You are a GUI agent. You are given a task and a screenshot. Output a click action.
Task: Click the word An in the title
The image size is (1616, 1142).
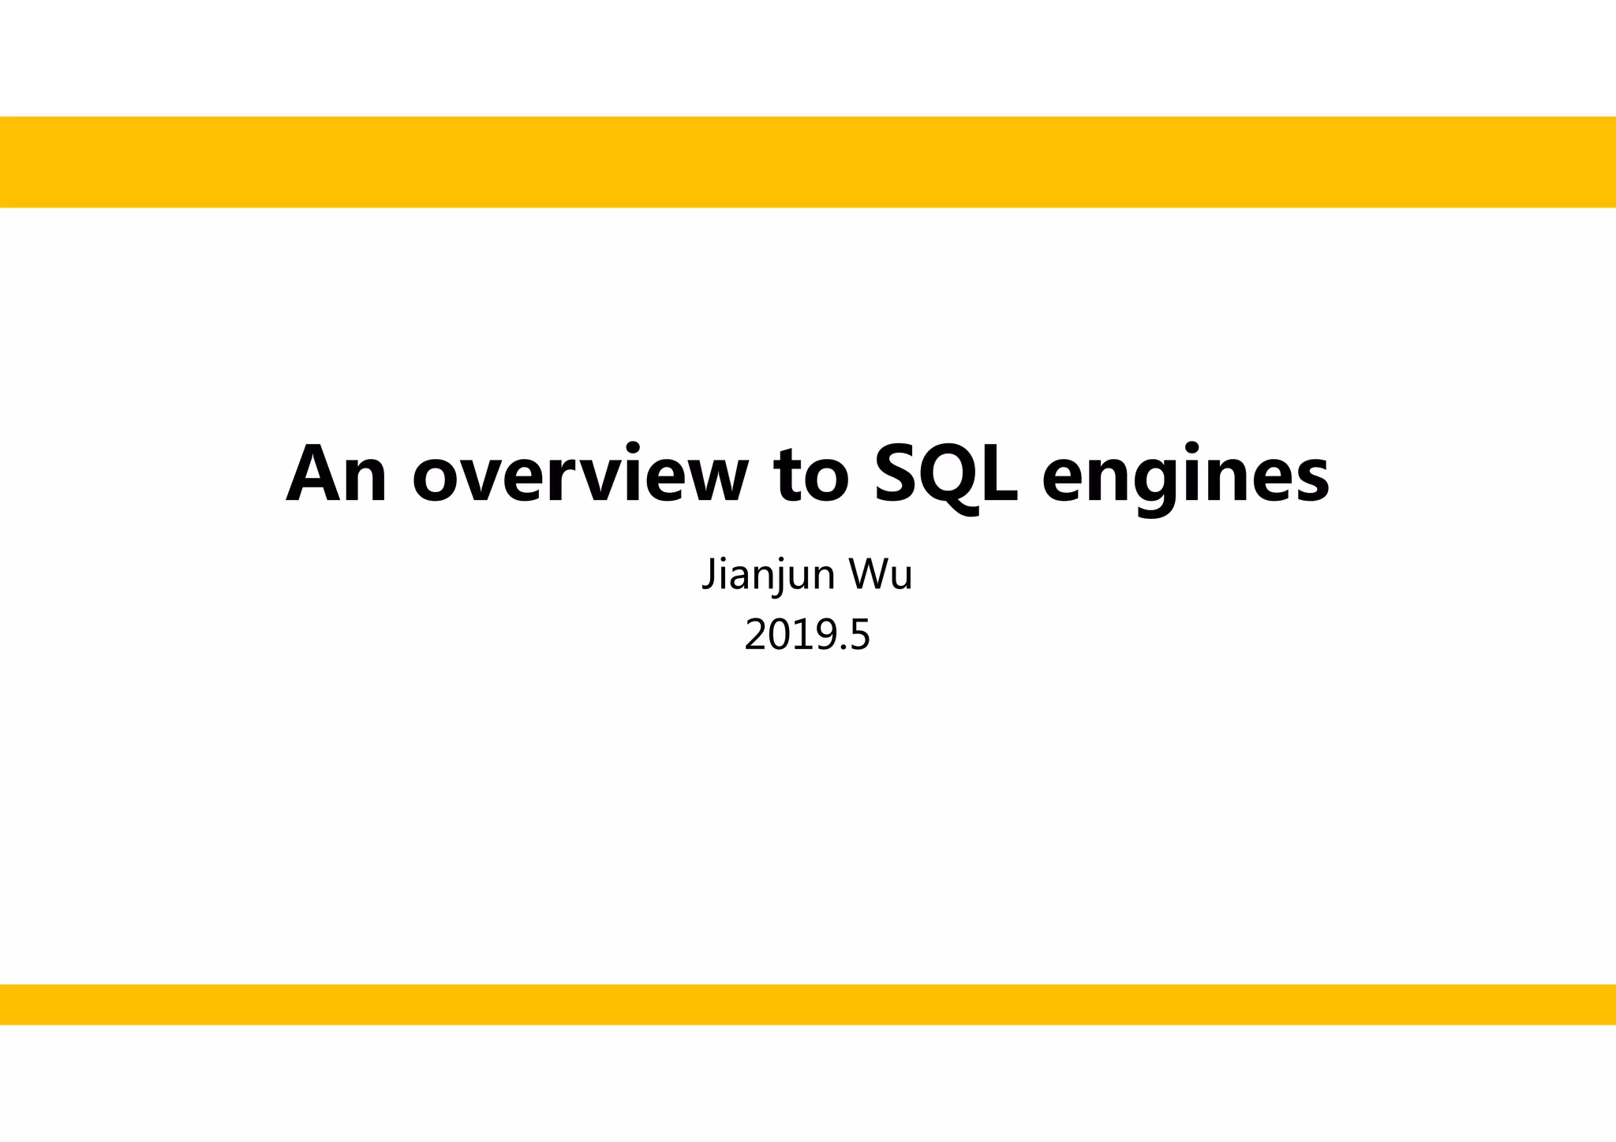[336, 475]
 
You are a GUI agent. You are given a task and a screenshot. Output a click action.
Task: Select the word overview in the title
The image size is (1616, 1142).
[580, 475]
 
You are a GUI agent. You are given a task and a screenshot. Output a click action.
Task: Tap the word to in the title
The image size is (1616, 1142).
[813, 475]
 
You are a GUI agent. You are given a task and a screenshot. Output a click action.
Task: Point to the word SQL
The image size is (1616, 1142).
[946, 475]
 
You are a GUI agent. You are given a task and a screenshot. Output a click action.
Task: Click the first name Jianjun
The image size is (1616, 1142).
[769, 574]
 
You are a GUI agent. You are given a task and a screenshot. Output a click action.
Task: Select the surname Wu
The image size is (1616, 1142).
[881, 574]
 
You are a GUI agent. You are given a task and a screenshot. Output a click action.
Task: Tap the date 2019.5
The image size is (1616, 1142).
[807, 636]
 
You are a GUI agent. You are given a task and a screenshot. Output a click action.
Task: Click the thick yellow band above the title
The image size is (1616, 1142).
[808, 162]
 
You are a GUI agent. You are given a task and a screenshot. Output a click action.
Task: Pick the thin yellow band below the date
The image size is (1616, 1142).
[808, 1004]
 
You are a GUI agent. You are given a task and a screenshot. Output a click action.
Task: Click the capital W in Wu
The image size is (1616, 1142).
[866, 574]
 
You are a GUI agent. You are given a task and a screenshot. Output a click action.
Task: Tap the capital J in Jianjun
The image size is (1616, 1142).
[708, 574]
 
